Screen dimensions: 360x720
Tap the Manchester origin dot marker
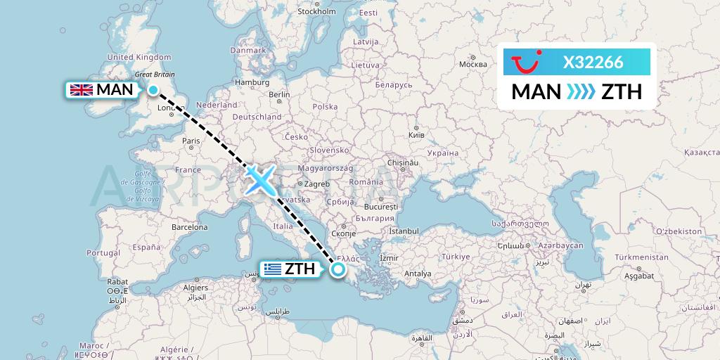[153, 89]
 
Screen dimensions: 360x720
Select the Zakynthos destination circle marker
[339, 269]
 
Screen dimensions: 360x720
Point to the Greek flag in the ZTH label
[271, 269]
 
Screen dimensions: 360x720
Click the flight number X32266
[593, 63]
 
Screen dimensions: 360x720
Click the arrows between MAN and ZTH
[581, 91]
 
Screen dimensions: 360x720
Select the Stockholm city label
[316, 12]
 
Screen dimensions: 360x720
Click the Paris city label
[191, 141]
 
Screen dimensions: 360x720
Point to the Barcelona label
[190, 227]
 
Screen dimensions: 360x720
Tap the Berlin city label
[279, 95]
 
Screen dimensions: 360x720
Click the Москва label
[472, 64]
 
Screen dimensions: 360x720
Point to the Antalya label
[418, 274]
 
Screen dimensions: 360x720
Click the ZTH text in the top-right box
[622, 91]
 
